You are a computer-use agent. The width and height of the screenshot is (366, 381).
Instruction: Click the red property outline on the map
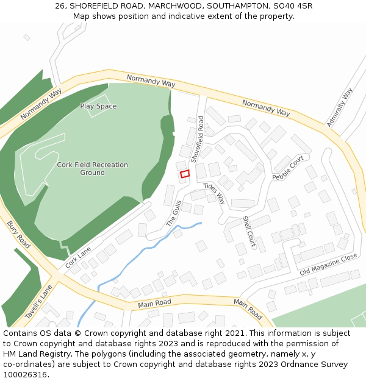pyautogui.click(x=185, y=174)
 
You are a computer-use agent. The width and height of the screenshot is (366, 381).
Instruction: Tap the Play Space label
pyautogui.click(x=98, y=107)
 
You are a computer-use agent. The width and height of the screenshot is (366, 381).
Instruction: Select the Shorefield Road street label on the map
pyautogui.click(x=197, y=140)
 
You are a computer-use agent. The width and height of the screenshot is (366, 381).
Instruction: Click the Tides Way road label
pyautogui.click(x=214, y=193)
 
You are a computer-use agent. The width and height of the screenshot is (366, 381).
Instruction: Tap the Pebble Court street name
pyautogui.click(x=288, y=168)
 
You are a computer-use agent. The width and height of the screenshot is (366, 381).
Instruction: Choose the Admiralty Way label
pyautogui.click(x=340, y=108)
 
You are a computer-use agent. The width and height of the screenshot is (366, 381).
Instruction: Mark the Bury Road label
pyautogui.click(x=18, y=234)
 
